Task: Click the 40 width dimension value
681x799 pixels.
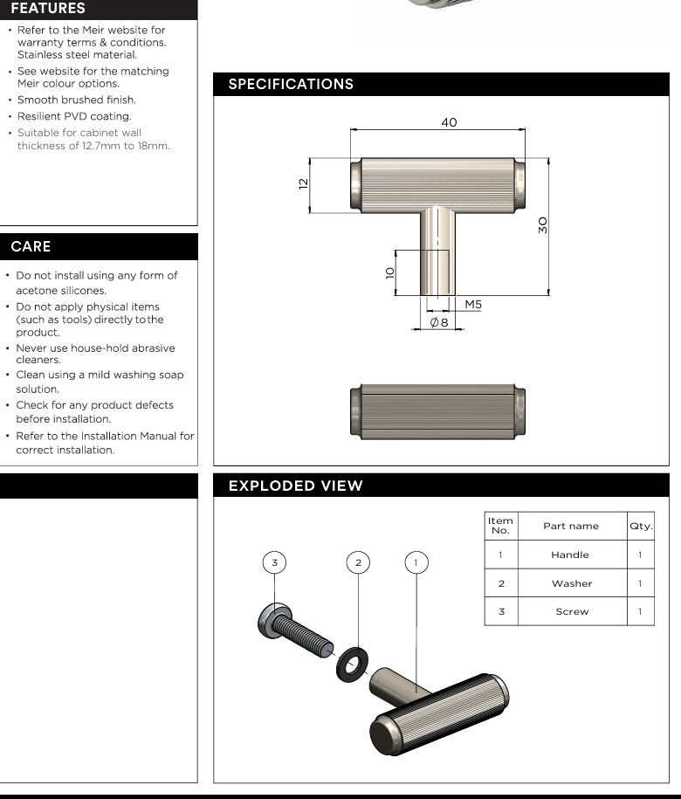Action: [x=449, y=123]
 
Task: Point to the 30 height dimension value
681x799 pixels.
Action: [x=542, y=224]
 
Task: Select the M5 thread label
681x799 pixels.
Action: [x=473, y=305]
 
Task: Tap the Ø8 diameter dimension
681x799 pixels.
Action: [x=439, y=323]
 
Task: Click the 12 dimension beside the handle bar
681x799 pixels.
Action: [x=303, y=184]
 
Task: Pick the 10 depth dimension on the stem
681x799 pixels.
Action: [x=389, y=272]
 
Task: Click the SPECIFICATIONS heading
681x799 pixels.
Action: [x=291, y=85]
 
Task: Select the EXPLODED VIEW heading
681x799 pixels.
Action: [x=295, y=486]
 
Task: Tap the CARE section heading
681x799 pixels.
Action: [x=31, y=247]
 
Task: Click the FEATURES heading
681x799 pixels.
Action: [x=48, y=9]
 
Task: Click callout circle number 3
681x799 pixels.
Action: [x=275, y=562]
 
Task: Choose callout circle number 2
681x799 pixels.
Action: [x=358, y=562]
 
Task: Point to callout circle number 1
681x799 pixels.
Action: [x=416, y=562]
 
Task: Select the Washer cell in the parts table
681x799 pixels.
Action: [x=572, y=583]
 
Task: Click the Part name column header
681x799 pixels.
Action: [x=571, y=526]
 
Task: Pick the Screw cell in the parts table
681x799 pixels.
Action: [x=572, y=611]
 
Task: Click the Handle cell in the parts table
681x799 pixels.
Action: [x=570, y=554]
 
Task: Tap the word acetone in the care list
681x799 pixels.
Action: [x=37, y=290]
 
